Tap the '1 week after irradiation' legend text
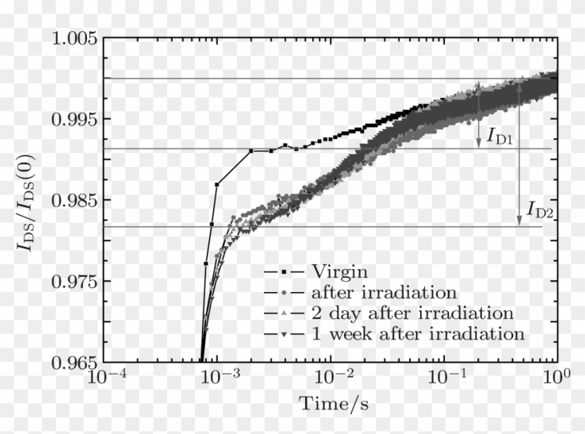click(418, 333)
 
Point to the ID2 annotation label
click(540, 208)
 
